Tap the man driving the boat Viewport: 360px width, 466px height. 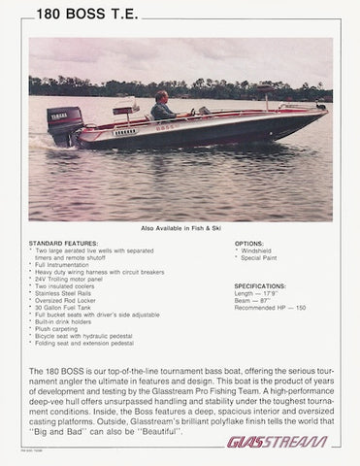164,107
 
